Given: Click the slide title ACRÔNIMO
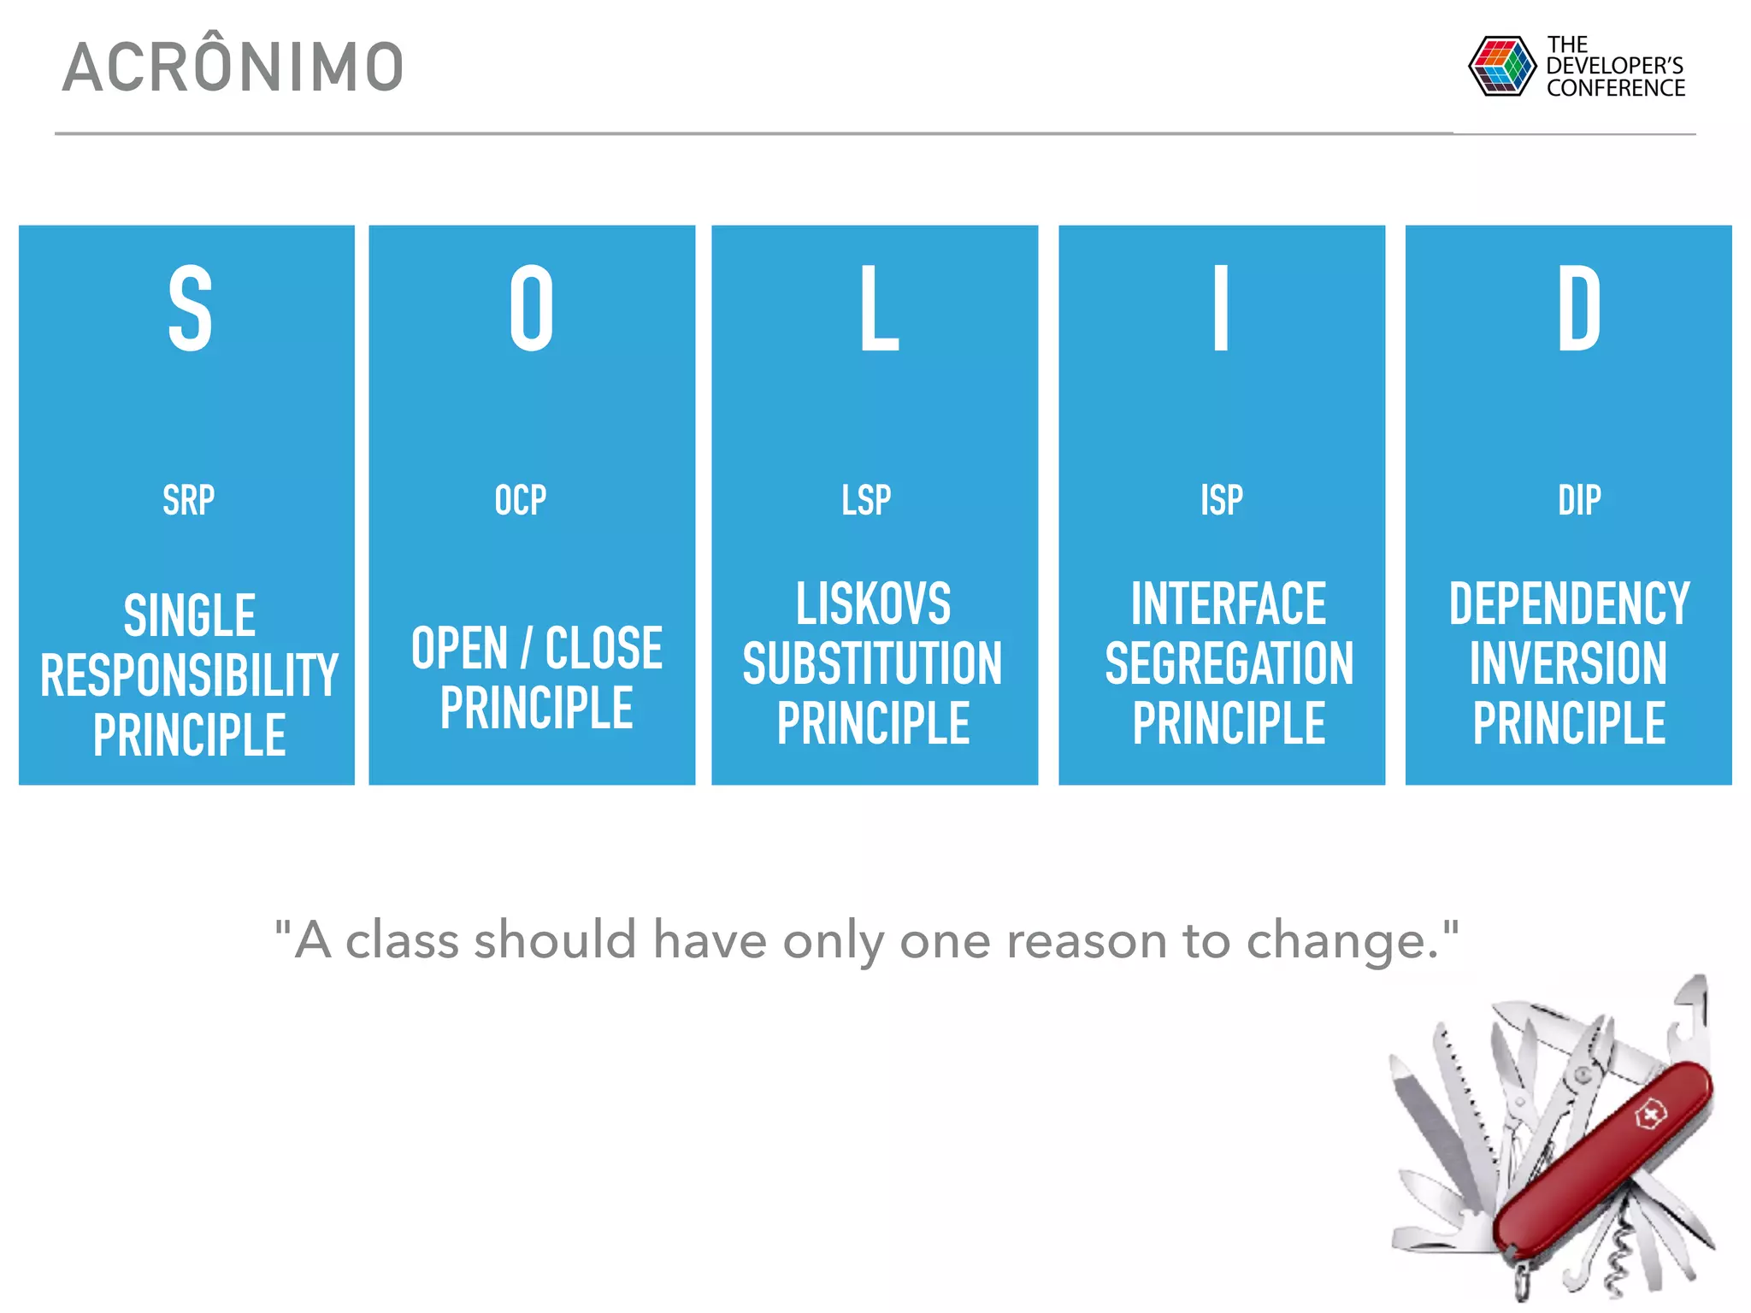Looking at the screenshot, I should click(x=233, y=67).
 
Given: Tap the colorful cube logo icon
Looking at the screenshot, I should click(x=1500, y=66).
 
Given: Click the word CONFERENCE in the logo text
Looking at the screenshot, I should click(x=1615, y=88).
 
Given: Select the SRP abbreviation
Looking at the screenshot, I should click(x=188, y=500).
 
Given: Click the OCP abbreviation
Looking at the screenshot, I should click(x=520, y=500).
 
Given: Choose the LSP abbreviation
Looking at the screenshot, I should click(x=866, y=500).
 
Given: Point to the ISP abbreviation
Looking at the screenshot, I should click(x=1221, y=500).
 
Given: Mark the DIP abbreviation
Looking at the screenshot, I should click(x=1578, y=500).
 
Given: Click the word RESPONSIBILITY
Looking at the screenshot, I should click(x=189, y=675).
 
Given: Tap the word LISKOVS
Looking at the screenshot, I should click(x=873, y=604).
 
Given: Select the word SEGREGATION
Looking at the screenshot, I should click(x=1229, y=663).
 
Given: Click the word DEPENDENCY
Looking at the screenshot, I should click(x=1569, y=604).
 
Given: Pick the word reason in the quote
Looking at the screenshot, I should click(x=1086, y=941).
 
